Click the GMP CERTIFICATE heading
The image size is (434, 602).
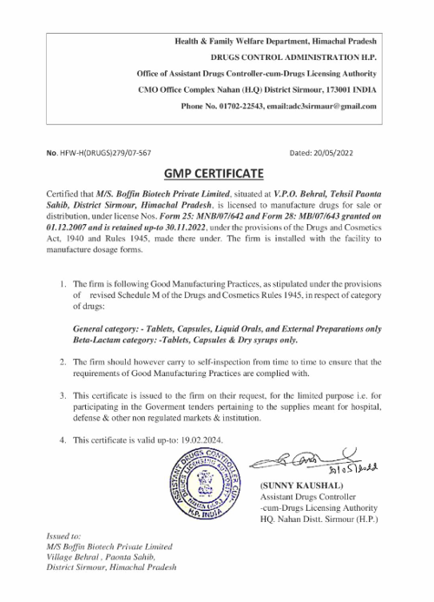coord(217,173)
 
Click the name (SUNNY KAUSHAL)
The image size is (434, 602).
coord(301,484)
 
